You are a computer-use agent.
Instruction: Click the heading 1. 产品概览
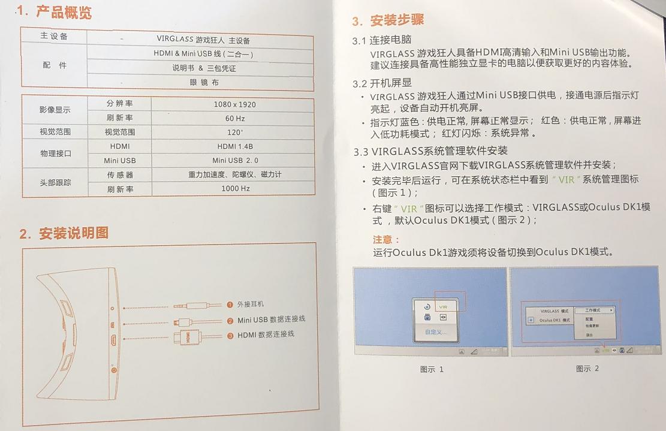pos(55,11)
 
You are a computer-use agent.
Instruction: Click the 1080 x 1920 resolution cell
pos(234,104)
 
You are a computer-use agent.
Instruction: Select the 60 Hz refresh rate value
pos(235,119)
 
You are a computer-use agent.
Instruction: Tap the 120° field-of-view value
pos(234,132)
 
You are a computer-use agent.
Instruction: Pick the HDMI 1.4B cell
pos(235,146)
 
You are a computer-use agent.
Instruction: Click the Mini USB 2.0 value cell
pos(235,161)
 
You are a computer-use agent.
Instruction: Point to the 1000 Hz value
pos(235,189)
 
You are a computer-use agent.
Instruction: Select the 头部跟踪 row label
pos(55,182)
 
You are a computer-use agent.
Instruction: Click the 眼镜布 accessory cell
pos(204,82)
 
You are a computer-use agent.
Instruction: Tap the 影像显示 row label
pos(55,110)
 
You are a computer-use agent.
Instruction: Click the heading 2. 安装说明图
pos(64,233)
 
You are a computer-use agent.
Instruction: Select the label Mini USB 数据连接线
pos(271,320)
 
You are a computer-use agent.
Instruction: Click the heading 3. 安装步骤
pos(388,20)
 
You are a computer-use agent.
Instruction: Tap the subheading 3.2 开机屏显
pos(382,83)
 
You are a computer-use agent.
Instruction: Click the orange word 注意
pos(385,240)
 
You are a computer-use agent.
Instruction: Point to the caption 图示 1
pos(432,369)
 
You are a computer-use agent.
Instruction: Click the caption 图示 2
pos(587,369)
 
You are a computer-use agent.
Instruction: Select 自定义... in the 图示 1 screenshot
pos(436,331)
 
